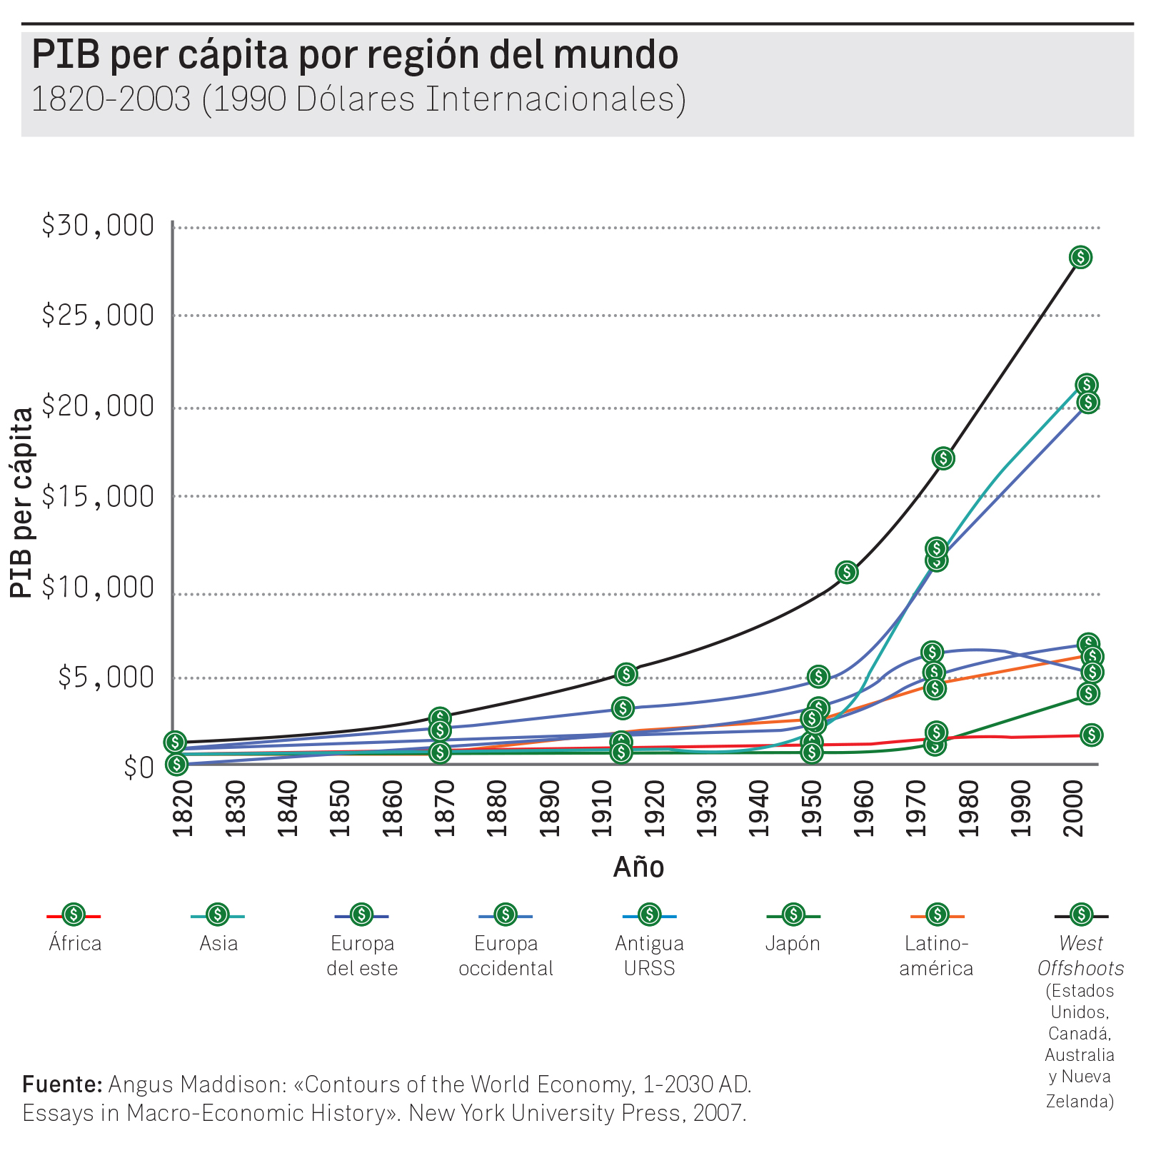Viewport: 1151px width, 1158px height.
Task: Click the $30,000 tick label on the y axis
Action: point(98,226)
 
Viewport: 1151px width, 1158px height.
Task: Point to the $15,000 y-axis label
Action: point(98,496)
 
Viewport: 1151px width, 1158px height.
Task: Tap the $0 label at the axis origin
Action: point(139,768)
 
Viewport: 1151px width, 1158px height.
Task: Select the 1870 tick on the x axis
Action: point(444,808)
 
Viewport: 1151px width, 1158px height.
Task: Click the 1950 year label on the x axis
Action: point(812,808)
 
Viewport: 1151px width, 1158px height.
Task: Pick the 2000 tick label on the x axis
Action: point(1074,808)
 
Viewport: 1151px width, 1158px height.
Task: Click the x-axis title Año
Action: point(638,867)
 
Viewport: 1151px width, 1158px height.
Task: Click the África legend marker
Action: point(74,915)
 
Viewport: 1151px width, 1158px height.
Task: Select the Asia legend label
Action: point(218,944)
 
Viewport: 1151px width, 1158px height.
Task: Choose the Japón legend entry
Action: point(793,944)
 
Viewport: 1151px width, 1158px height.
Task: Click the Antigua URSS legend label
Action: point(649,956)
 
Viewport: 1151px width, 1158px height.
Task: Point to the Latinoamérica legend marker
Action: point(937,915)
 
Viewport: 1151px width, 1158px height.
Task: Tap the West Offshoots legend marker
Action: point(1082,915)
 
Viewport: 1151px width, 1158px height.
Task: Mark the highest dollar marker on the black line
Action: point(1080,257)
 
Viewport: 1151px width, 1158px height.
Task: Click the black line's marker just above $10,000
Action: point(846,572)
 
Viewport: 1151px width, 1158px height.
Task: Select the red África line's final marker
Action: point(1091,735)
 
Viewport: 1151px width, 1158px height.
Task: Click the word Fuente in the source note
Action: point(62,1084)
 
